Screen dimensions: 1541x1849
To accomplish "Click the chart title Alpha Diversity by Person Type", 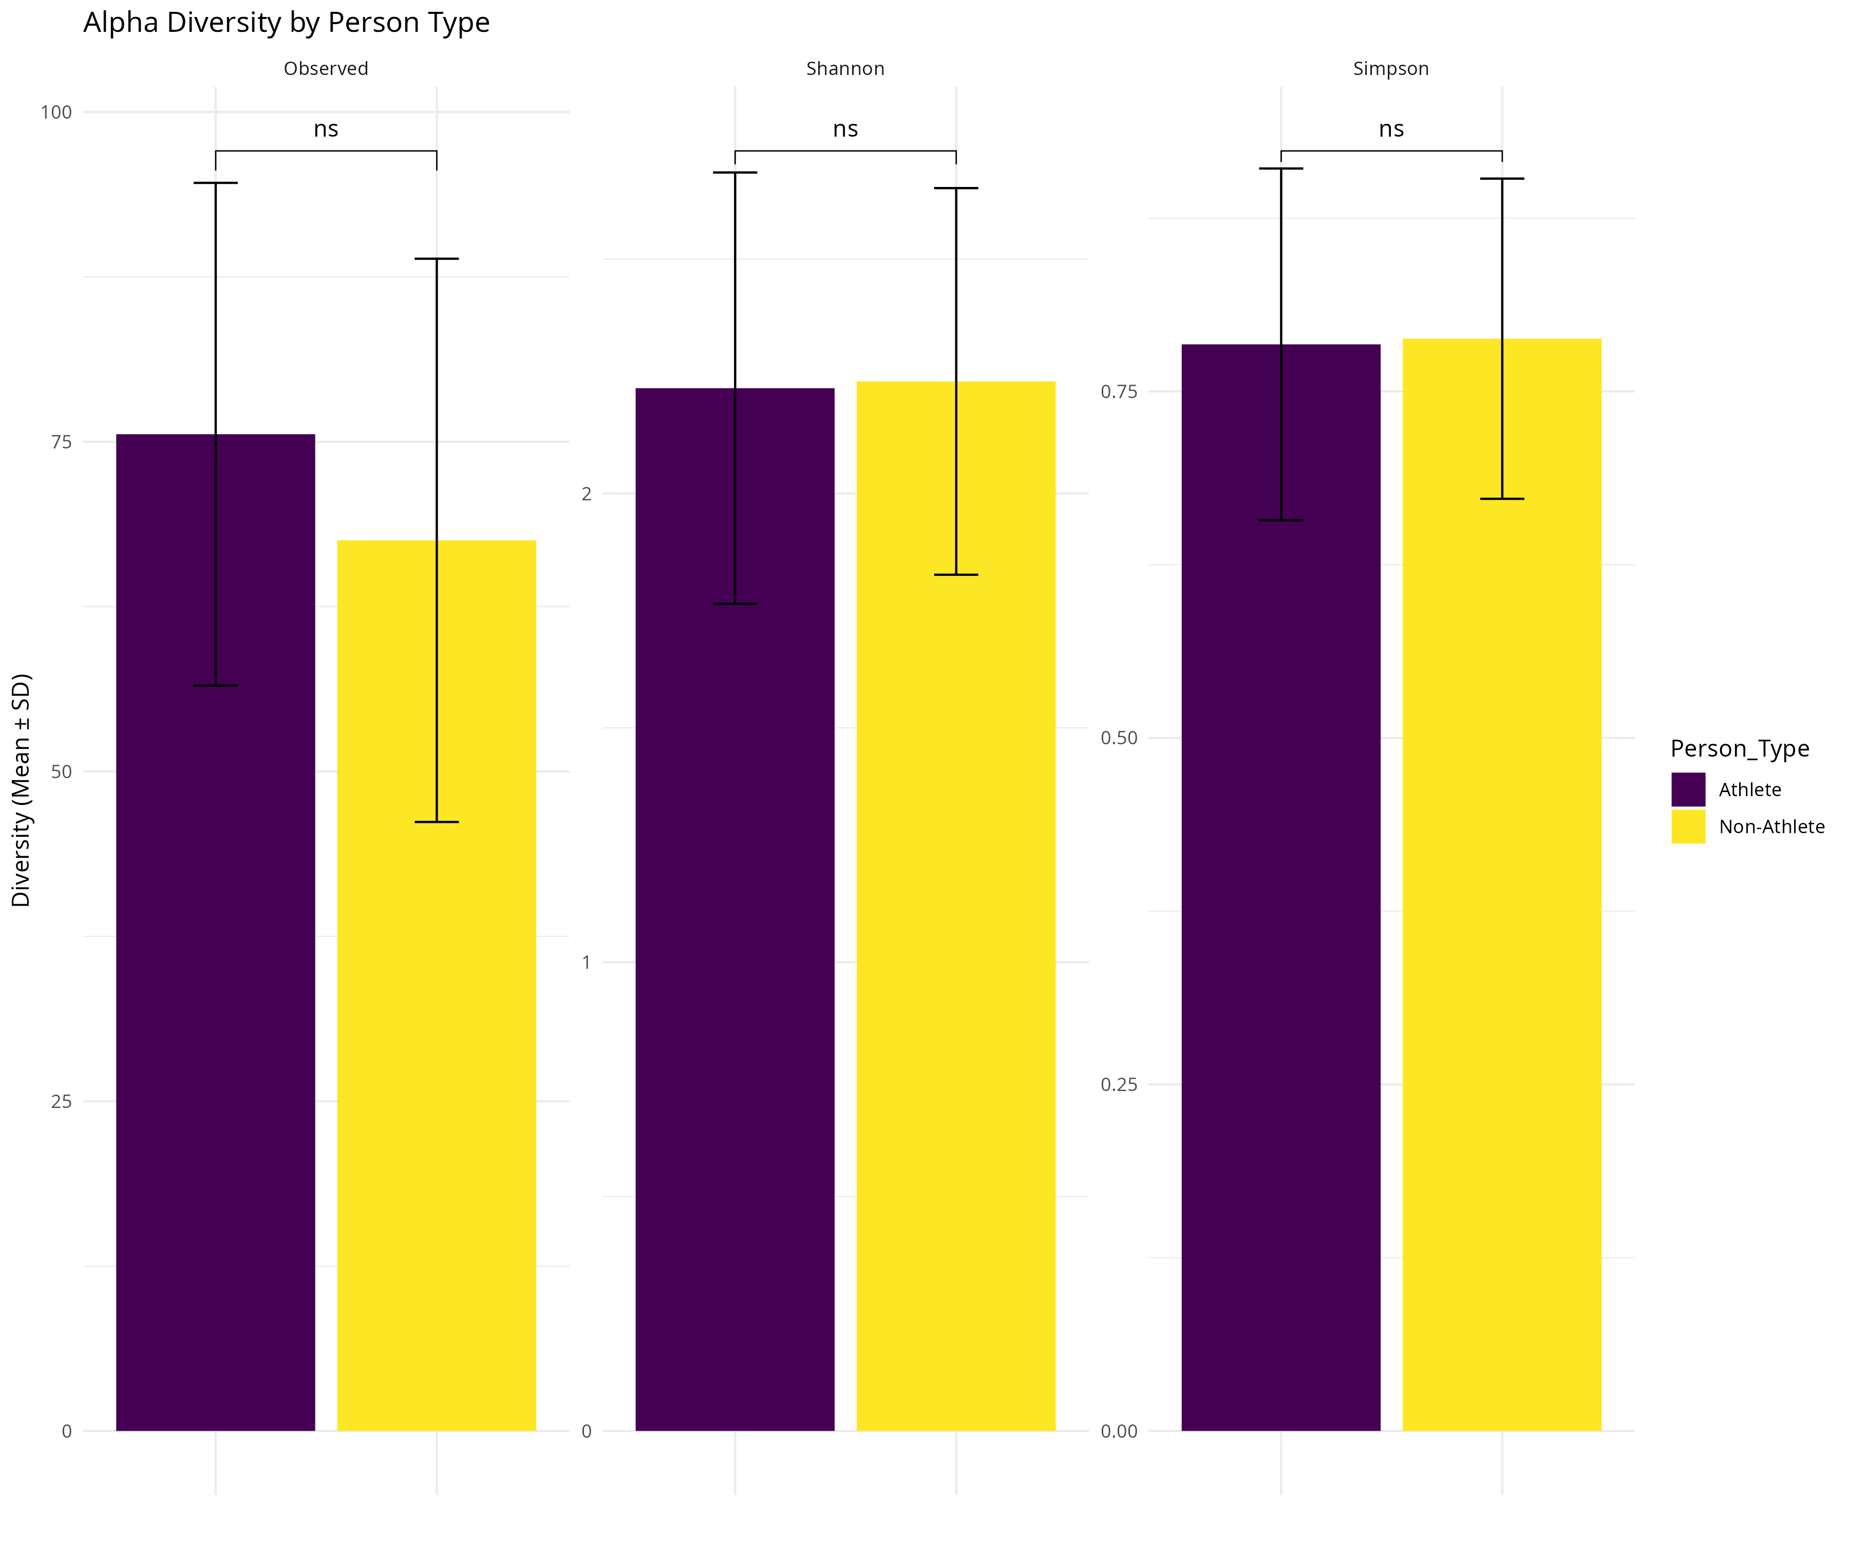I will point(286,23).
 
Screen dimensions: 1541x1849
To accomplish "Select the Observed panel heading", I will point(326,69).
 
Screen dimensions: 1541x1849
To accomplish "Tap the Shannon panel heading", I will point(845,69).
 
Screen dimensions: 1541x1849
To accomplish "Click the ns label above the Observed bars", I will point(326,129).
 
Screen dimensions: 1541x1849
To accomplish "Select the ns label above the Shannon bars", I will point(845,129).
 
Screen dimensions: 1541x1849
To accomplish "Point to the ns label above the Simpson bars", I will point(1391,129).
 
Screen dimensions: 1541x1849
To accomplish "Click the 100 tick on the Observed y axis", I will point(56,112).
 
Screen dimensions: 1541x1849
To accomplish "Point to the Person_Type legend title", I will point(1740,748).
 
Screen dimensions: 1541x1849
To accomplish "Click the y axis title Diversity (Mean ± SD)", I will point(21,790).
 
